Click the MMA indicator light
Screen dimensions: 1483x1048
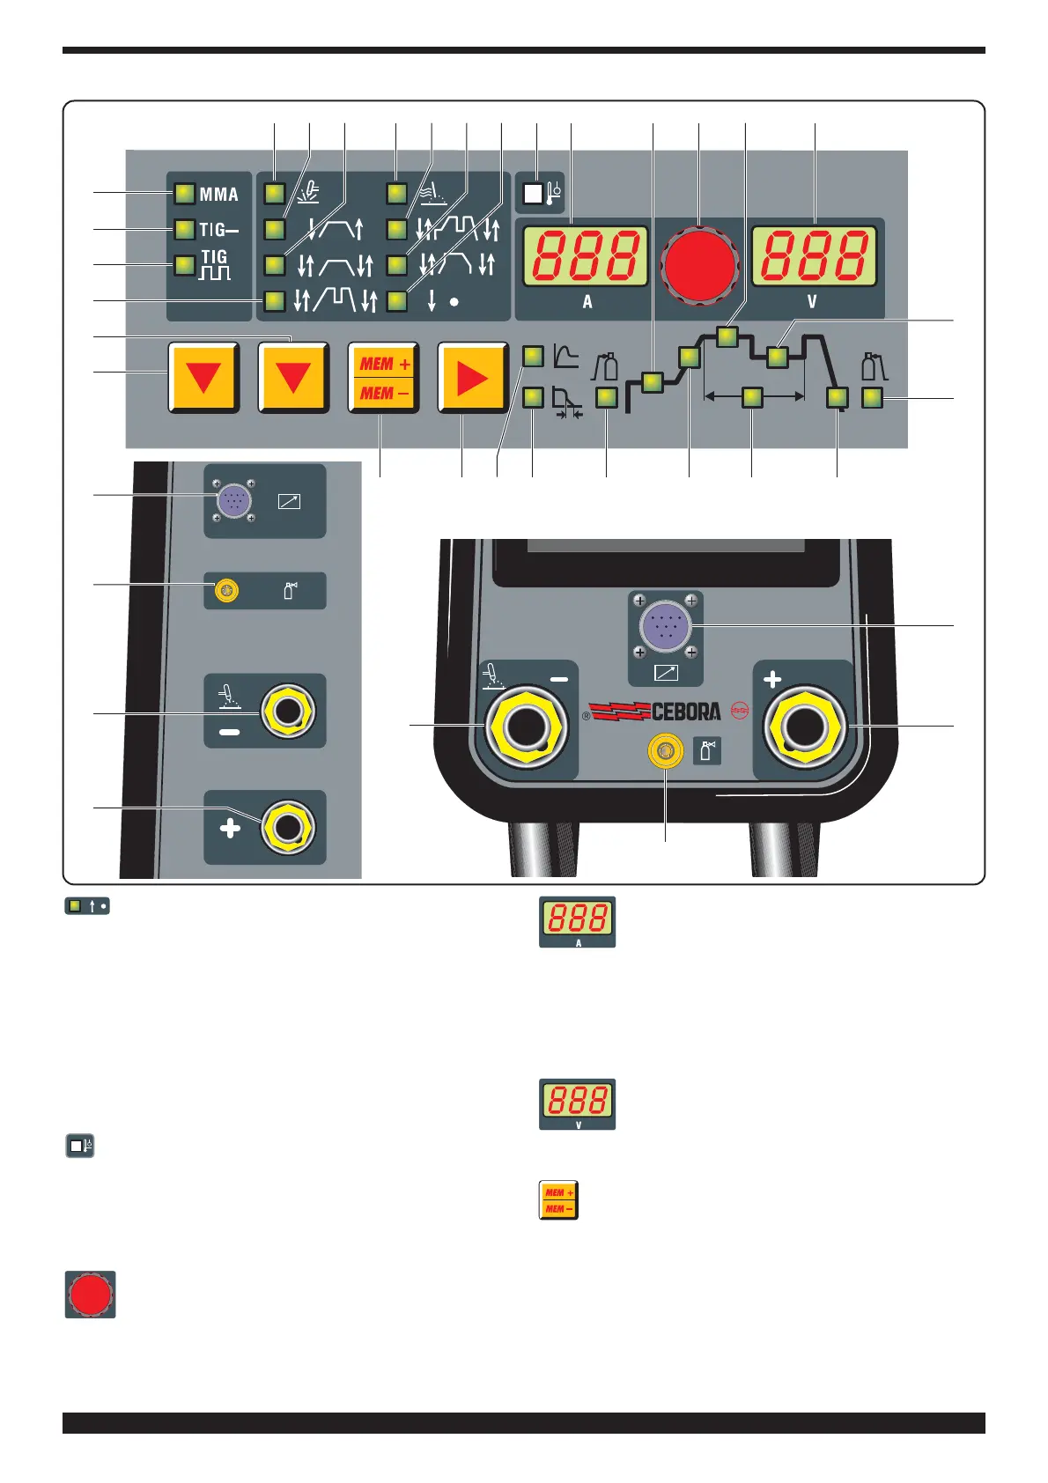click(184, 194)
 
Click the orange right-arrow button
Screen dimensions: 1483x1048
click(472, 378)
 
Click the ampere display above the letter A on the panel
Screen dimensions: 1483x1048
click(586, 256)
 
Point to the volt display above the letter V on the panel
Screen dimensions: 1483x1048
click(815, 256)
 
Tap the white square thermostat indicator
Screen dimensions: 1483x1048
click(533, 194)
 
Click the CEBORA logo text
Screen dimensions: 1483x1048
click(685, 712)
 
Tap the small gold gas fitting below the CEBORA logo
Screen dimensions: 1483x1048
click(665, 751)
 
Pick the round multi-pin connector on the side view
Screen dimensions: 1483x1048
click(233, 500)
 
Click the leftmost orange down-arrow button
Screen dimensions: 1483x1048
click(203, 378)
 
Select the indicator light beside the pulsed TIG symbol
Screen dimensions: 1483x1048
click(184, 265)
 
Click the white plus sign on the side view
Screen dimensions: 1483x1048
click(230, 828)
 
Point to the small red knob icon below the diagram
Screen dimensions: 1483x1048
click(90, 1295)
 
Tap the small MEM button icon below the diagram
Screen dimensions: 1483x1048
click(558, 1200)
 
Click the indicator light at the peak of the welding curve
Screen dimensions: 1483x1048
click(727, 336)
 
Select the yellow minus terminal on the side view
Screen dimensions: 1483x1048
click(287, 711)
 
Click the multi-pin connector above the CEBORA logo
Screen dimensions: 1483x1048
click(665, 625)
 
